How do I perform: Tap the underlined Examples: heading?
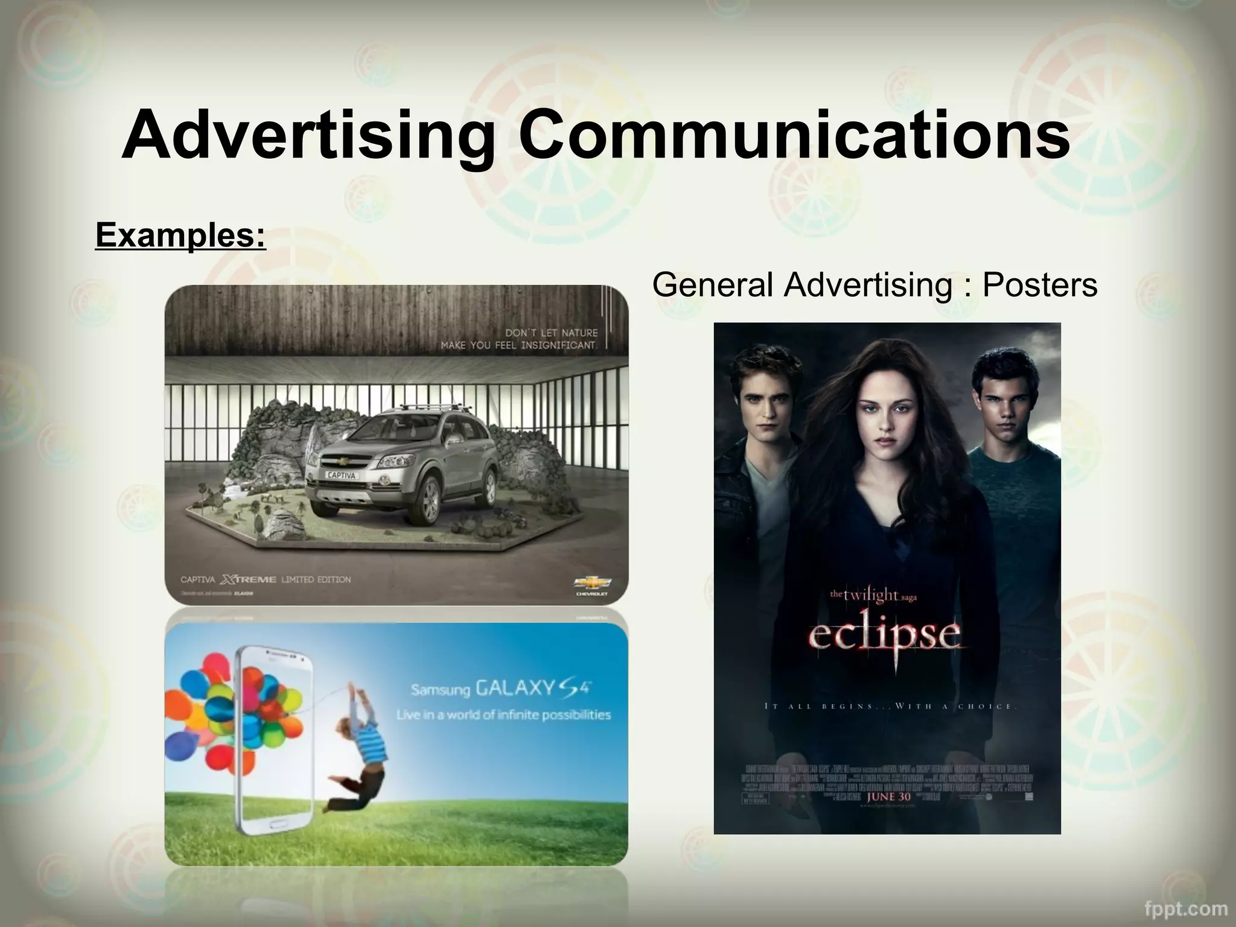pos(180,235)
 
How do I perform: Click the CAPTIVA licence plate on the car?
pos(342,475)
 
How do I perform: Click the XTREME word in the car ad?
pos(248,580)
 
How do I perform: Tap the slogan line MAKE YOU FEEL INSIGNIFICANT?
pos(519,346)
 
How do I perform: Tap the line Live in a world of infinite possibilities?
pos(503,715)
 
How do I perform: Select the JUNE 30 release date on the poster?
pos(889,797)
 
